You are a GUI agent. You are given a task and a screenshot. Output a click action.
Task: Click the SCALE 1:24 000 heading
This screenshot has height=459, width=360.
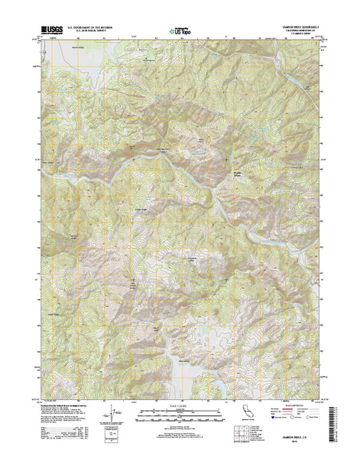point(180,403)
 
